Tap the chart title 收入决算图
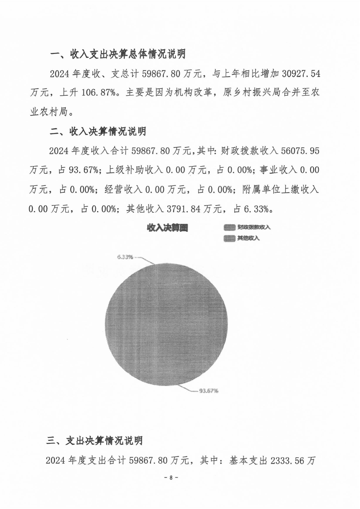click(167, 228)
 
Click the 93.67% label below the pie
click(209, 390)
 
